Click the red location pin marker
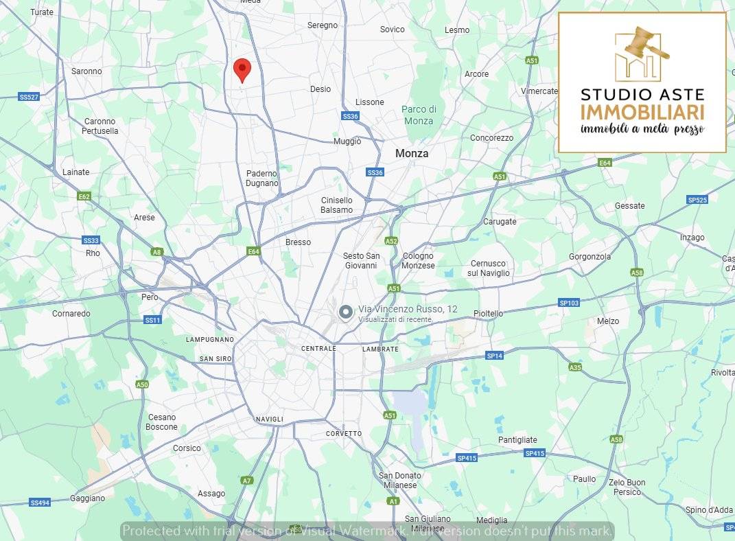(242, 69)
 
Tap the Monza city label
(411, 154)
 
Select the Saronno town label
(86, 71)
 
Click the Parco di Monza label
(419, 115)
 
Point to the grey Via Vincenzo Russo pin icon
(346, 313)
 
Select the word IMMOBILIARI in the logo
(642, 112)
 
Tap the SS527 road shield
(29, 97)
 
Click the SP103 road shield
(569, 303)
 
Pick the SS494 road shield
(40, 503)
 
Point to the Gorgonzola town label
(590, 257)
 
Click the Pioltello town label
(488, 314)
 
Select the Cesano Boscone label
(161, 422)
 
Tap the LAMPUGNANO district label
(210, 339)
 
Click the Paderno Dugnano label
(262, 179)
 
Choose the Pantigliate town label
(517, 440)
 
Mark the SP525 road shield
(697, 200)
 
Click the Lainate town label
(75, 172)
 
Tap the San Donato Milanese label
(400, 481)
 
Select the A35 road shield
(575, 367)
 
